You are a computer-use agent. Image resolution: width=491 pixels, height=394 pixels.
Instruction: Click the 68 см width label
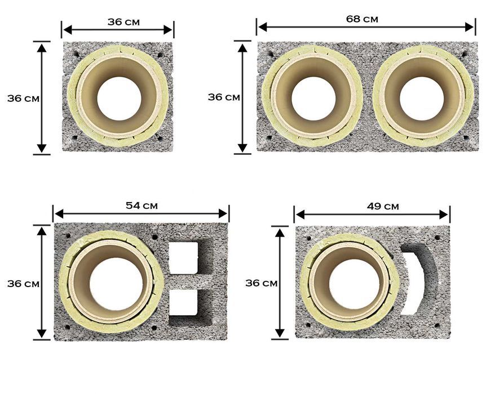click(x=362, y=19)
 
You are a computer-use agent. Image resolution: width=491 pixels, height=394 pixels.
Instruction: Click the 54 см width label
click(x=141, y=205)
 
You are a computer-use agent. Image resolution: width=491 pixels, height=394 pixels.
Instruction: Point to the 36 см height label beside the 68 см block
click(x=224, y=97)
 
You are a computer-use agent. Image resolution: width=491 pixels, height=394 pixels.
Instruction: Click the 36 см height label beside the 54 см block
click(x=23, y=283)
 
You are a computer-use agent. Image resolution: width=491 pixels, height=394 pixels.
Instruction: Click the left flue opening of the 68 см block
click(x=313, y=98)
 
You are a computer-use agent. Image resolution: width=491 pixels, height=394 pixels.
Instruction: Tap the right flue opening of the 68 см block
click(x=422, y=98)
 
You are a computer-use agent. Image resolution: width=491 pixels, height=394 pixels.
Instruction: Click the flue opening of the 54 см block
click(x=112, y=283)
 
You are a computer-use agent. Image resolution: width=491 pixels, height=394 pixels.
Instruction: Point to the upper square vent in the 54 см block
click(x=183, y=258)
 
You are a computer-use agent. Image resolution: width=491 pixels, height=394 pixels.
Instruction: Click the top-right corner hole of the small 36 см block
click(x=161, y=55)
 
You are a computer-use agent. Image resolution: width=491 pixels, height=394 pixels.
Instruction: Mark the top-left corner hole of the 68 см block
click(x=270, y=55)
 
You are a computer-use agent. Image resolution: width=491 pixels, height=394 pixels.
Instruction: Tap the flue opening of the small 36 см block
click(x=119, y=98)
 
